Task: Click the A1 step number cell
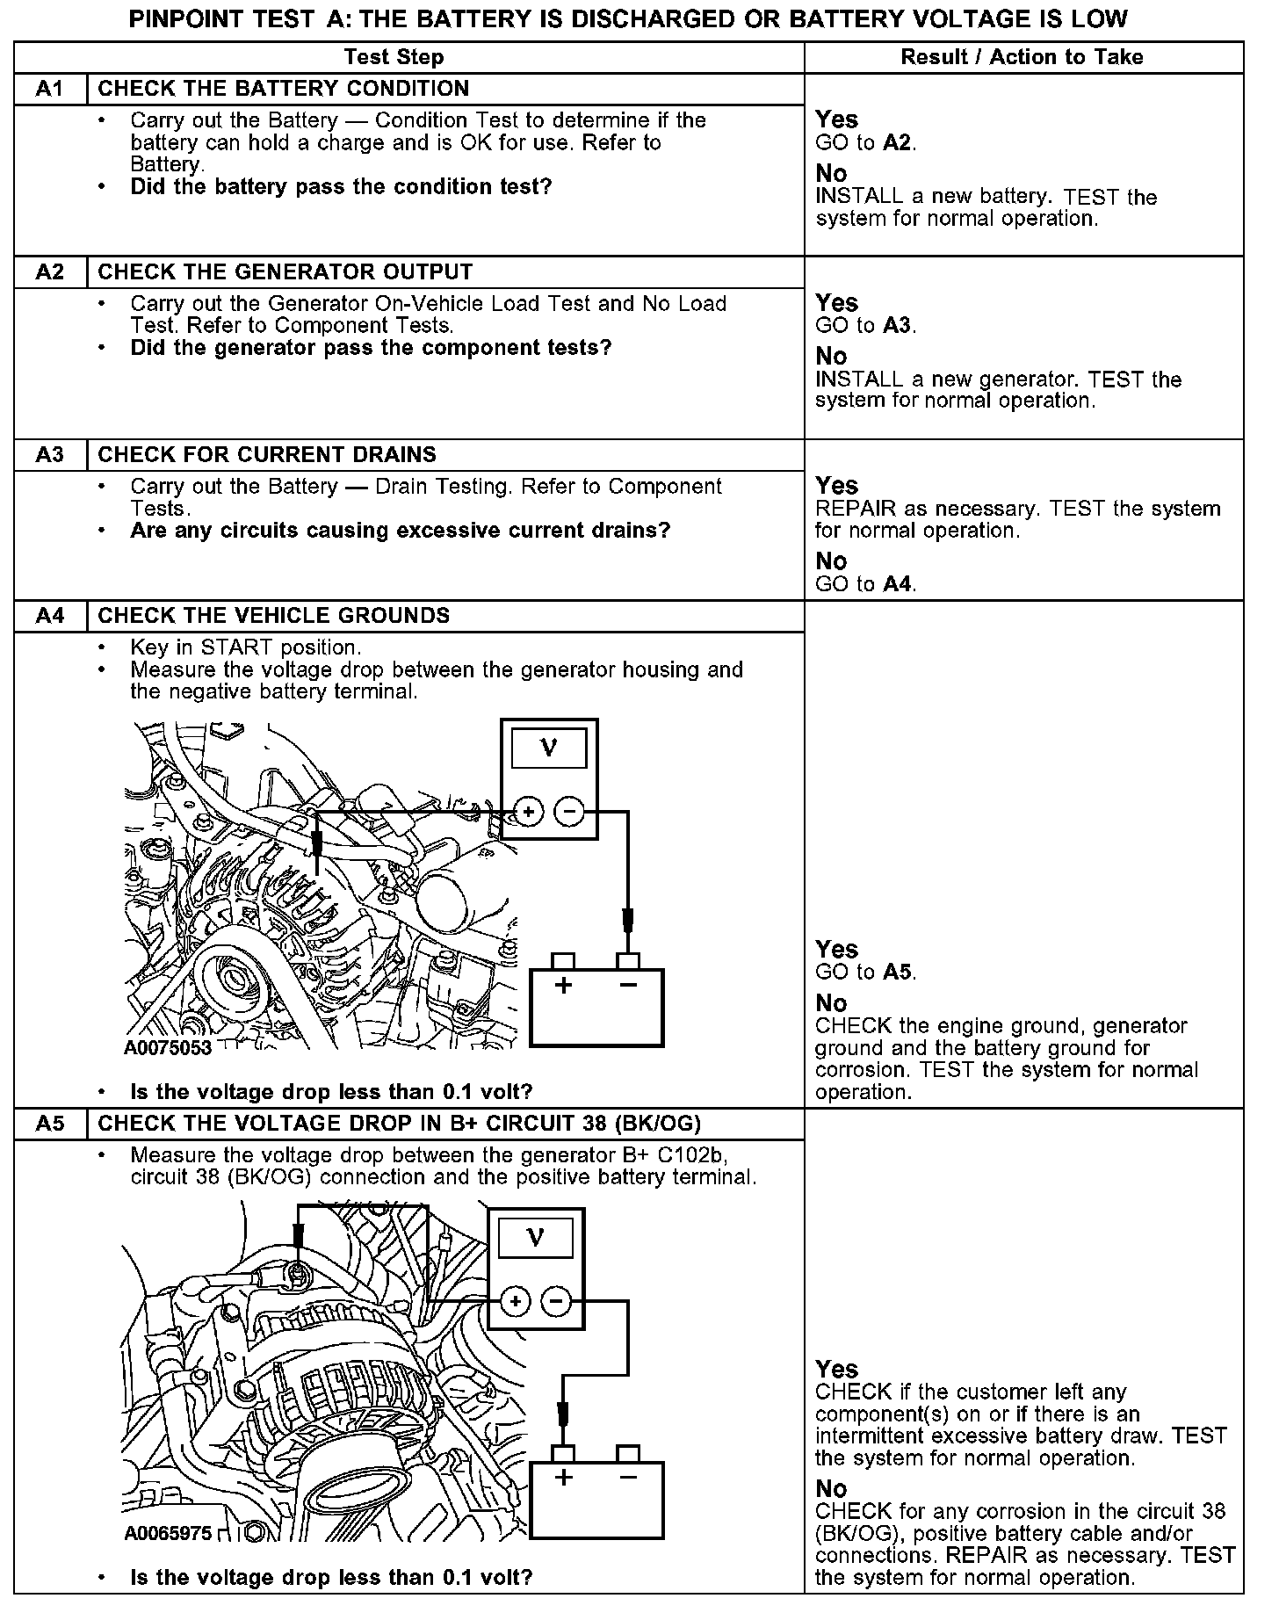pos(50,89)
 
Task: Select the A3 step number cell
pos(50,455)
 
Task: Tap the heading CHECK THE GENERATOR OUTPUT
pos(285,272)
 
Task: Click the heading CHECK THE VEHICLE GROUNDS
pos(273,616)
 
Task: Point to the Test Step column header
pos(394,58)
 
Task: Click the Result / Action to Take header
pos(1022,58)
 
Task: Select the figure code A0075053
pos(168,1048)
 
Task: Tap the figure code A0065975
pos(168,1534)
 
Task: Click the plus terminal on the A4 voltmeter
pos(528,812)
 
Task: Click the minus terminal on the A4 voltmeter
pos(570,812)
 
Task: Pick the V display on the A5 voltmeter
pos(535,1239)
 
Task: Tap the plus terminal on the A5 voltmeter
pos(516,1302)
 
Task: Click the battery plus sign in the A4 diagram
pos(563,985)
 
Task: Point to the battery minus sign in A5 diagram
pos(627,1478)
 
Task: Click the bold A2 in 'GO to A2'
pos(898,143)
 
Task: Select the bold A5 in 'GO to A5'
pos(898,973)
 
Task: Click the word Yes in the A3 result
pos(836,486)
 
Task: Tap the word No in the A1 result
pos(831,173)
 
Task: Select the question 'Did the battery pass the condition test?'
pos(341,187)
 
